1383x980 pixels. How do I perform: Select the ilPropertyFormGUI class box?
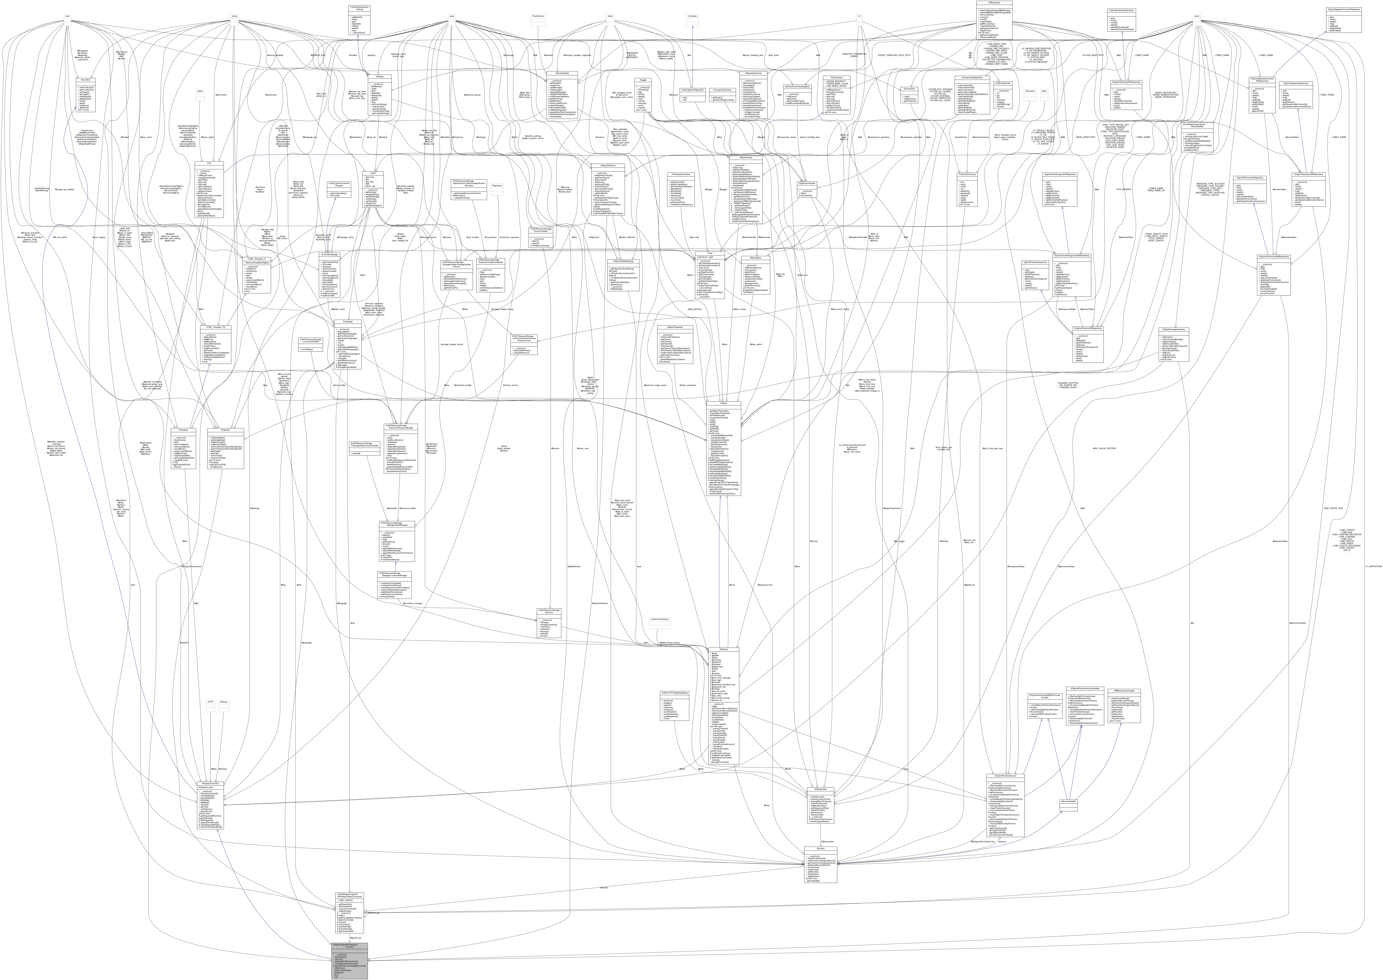pyautogui.click(x=211, y=806)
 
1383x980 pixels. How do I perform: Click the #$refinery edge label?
pyautogui.click(x=223, y=769)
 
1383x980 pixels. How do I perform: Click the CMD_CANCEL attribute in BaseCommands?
pyautogui.click(x=346, y=900)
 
